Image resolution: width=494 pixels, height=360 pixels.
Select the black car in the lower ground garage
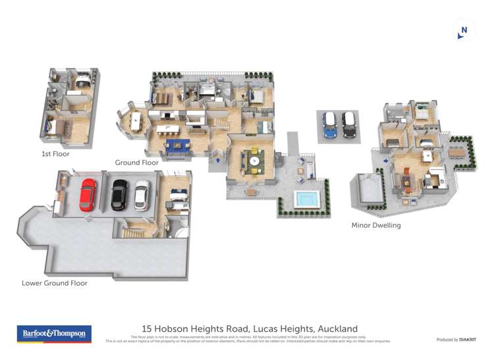(x=119, y=195)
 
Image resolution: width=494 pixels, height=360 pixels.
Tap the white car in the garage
(x=142, y=195)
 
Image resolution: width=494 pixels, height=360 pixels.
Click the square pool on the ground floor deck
(x=305, y=198)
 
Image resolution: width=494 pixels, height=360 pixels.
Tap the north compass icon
(x=464, y=30)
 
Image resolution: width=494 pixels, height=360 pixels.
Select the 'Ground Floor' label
(x=136, y=163)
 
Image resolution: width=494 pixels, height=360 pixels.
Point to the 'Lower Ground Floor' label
(x=55, y=283)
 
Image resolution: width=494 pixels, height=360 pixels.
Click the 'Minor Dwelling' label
(x=375, y=225)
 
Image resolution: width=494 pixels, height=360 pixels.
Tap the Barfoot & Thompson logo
(x=54, y=334)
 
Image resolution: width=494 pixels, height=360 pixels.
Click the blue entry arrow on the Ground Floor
(x=217, y=159)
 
